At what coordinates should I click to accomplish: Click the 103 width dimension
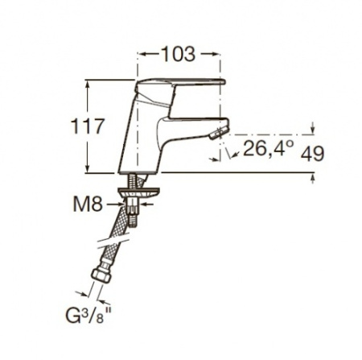(x=178, y=54)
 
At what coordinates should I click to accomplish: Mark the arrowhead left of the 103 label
(x=145, y=54)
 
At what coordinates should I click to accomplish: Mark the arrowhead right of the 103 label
(x=215, y=54)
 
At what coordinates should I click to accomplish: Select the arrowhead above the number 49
(x=312, y=130)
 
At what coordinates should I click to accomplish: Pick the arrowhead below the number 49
(x=312, y=176)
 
